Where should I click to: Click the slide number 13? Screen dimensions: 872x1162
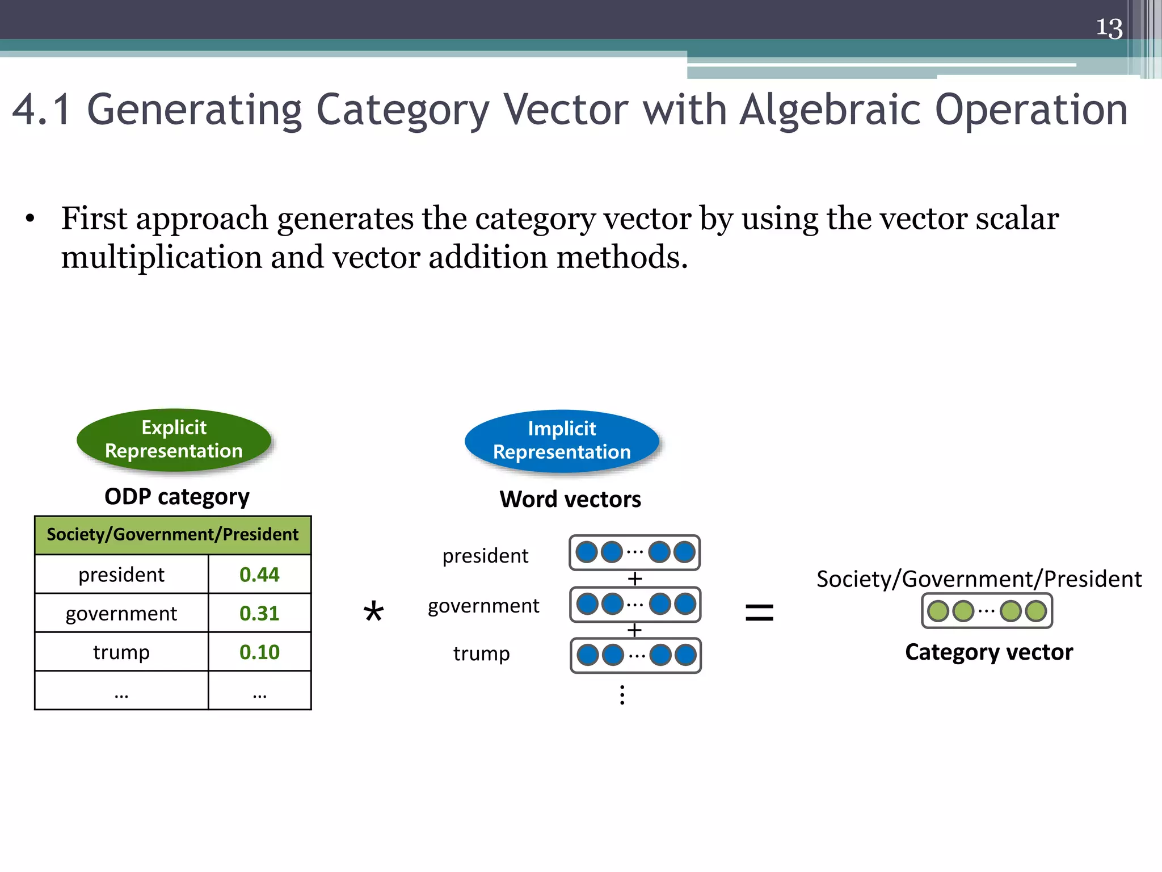pos(1109,28)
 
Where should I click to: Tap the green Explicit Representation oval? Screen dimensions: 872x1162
pos(174,439)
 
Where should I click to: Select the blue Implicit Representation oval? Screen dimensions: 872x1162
pos(562,441)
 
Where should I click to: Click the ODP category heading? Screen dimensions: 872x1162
pos(176,497)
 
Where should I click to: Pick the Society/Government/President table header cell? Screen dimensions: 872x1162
pos(172,535)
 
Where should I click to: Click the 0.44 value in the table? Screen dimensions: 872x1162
pos(259,575)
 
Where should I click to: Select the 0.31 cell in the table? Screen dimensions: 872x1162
pos(259,613)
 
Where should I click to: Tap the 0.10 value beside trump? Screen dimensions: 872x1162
pos(259,652)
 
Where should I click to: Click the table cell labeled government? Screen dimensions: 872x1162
pos(121,613)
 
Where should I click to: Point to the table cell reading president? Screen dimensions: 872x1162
pos(121,575)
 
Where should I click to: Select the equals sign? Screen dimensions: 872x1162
pos(759,613)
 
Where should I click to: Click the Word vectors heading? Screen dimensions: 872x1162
pos(570,500)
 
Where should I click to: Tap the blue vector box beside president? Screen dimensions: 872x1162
pos(634,552)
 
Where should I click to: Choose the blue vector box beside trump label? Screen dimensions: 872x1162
pos(635,655)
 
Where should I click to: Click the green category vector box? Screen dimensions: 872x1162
pos(987,611)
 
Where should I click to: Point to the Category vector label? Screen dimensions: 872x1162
pos(988,652)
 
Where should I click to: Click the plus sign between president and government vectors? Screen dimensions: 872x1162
pos(634,579)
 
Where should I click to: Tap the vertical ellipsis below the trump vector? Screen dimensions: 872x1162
pos(622,695)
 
